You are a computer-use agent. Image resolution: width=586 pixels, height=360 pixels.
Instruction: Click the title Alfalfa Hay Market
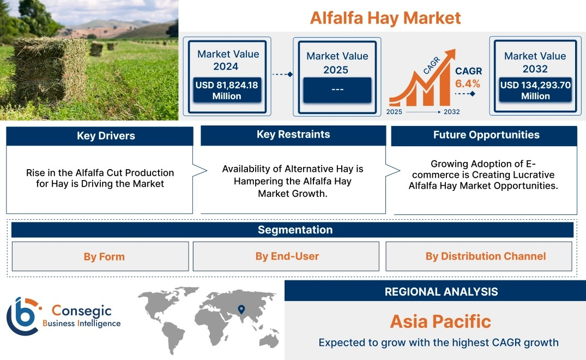(385, 18)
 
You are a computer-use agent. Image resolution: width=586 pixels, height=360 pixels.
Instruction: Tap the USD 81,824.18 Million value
(227, 90)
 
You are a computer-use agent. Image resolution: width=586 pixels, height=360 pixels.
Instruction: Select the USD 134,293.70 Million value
(535, 90)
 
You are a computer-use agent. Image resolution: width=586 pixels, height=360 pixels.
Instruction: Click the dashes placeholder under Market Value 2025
(337, 89)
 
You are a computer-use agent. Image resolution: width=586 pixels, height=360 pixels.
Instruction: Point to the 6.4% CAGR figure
(468, 84)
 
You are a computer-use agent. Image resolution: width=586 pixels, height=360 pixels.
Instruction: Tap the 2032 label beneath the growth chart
(451, 112)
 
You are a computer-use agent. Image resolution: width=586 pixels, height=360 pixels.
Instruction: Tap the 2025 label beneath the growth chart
(394, 112)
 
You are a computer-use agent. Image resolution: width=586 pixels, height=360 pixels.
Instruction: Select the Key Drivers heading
(106, 136)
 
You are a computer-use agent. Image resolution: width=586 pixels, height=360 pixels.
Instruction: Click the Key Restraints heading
(293, 135)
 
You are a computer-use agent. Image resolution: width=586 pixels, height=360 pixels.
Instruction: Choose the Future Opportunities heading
(486, 135)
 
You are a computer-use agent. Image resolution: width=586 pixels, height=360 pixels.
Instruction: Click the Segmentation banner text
(295, 230)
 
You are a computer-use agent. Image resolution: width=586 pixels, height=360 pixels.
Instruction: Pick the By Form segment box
(100, 256)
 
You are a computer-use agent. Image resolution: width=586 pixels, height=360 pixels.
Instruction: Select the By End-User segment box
(286, 256)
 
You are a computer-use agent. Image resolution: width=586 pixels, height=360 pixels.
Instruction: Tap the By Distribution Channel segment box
(479, 256)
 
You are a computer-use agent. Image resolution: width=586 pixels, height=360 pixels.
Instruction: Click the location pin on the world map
(241, 309)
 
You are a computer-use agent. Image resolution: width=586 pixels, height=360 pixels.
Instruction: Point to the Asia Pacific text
(440, 321)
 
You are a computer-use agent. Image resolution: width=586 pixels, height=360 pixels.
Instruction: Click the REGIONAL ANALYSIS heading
(442, 292)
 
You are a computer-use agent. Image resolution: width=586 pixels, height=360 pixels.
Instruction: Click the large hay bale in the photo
(49, 71)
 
